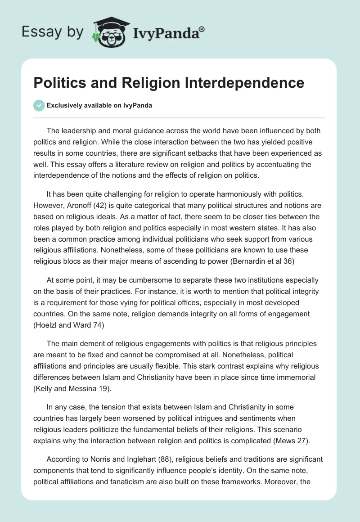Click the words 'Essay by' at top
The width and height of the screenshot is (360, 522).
53,31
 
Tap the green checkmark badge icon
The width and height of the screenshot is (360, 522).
39,105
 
